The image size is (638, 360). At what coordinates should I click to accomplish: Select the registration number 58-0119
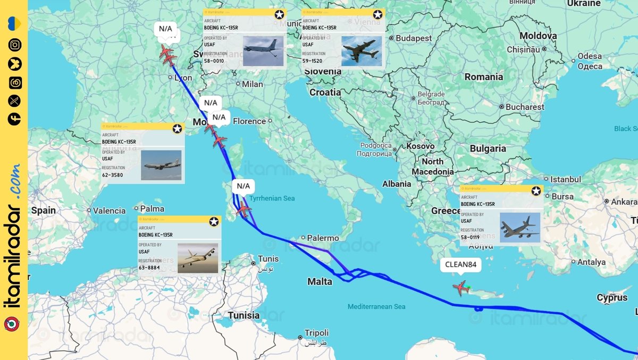coord(471,237)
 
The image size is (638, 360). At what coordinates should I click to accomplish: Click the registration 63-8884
coord(149,267)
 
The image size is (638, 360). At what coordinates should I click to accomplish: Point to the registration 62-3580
coord(113,174)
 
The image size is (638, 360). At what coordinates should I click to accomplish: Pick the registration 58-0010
coord(214,61)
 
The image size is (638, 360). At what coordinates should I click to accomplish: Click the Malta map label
coord(320,281)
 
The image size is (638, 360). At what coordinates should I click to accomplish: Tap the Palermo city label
coord(323,238)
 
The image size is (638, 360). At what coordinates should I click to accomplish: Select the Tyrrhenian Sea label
coord(272,198)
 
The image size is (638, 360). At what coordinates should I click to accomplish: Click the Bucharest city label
coord(525,107)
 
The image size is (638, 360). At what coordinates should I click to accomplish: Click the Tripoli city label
coord(317,333)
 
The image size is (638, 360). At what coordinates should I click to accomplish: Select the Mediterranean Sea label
coord(376,306)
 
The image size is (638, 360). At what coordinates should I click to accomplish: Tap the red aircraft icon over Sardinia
coord(244,209)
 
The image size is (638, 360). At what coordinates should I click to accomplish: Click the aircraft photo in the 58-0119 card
coord(520,228)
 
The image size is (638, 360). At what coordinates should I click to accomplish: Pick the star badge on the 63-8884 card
coord(214,222)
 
